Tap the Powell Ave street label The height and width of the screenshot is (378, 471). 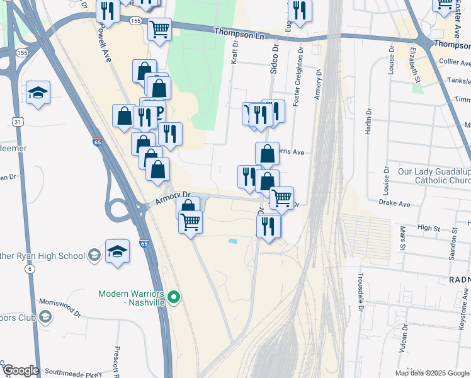coord(104,42)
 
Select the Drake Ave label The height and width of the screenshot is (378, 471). coord(395,203)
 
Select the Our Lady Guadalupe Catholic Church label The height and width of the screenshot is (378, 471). coord(434,176)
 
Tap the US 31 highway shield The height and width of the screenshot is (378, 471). coord(20,121)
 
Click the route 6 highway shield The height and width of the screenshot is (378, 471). coord(30,268)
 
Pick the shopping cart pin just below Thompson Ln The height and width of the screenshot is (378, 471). coord(159,29)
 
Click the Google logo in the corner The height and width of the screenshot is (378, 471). coord(20,370)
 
